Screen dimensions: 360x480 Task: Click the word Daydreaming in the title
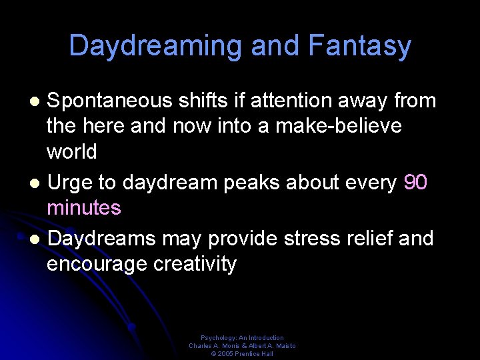(x=156, y=47)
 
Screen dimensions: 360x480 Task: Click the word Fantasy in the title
(x=360, y=47)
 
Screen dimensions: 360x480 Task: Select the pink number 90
(x=415, y=183)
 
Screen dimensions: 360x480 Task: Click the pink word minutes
(x=84, y=208)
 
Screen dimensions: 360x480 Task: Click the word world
(x=71, y=151)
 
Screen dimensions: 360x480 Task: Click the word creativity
(x=195, y=264)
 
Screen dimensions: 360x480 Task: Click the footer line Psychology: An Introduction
(x=242, y=338)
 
